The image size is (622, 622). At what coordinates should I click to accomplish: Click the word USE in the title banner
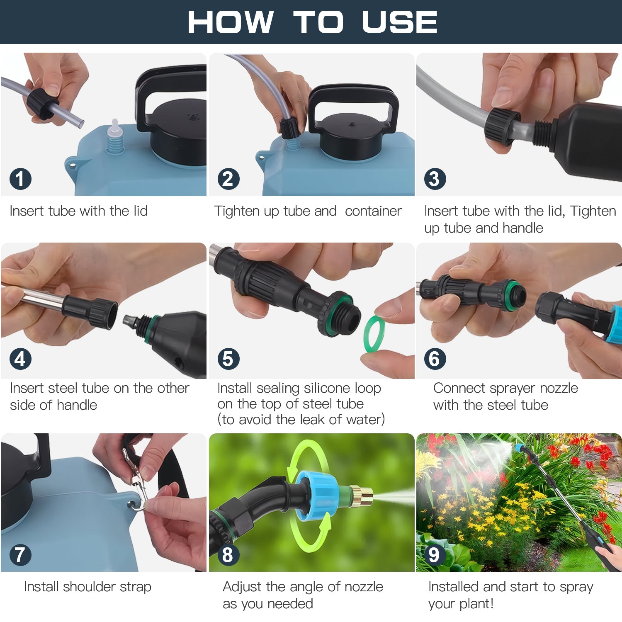[x=399, y=22]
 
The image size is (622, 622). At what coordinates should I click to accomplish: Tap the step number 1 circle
[x=20, y=179]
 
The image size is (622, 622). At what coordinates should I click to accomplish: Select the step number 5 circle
[x=228, y=359]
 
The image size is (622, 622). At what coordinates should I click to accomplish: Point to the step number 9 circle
[x=434, y=555]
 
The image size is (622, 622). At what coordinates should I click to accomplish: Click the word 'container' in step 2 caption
[x=373, y=211]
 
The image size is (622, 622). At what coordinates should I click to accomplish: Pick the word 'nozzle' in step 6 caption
[x=559, y=388]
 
